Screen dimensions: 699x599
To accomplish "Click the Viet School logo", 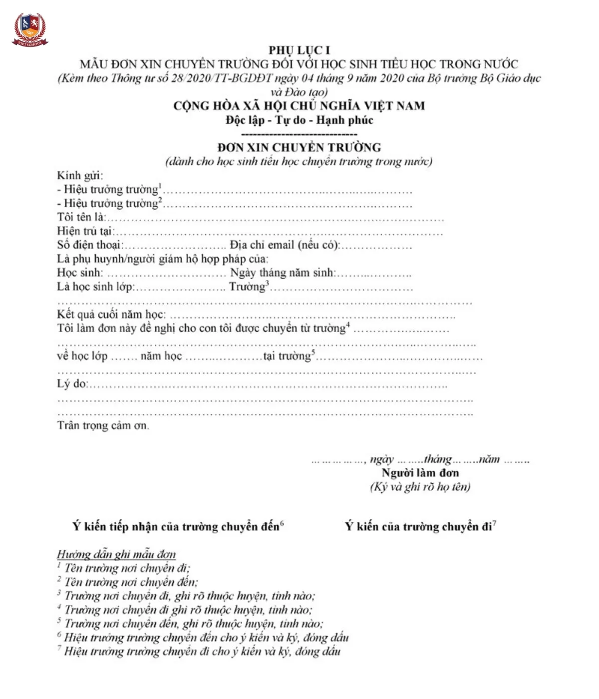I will point(30,29).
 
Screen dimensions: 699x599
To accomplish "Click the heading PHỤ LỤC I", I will point(299,50).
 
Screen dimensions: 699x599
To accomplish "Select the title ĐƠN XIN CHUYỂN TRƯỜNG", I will point(299,147).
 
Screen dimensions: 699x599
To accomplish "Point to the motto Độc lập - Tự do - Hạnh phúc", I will point(299,120).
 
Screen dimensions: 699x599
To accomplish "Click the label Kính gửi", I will point(80,175).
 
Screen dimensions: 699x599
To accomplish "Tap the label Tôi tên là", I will point(81,217).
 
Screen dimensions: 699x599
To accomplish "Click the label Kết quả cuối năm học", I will point(111,315).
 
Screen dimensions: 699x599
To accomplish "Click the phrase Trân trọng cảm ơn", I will point(103,426).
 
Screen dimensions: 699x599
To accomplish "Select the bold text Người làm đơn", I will point(420,473).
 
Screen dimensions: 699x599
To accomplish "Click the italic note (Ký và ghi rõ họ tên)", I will point(420,487).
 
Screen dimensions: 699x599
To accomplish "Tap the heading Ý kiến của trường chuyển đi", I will point(418,527).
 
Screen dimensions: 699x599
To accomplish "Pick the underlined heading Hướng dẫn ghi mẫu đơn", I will point(116,554).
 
